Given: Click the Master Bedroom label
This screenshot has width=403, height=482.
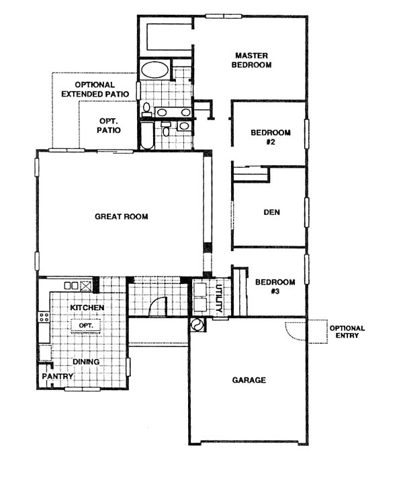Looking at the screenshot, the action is [251, 60].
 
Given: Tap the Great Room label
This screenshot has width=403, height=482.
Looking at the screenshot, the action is [121, 216].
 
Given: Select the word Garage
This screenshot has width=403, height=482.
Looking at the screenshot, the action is [249, 380].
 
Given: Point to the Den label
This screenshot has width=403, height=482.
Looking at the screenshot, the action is [271, 212].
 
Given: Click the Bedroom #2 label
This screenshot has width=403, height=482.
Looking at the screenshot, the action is [271, 137].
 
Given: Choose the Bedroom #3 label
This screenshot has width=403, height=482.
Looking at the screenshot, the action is [275, 287].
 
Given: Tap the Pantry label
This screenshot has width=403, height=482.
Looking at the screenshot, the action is [58, 376].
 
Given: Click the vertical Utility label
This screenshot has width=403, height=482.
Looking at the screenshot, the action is [219, 298].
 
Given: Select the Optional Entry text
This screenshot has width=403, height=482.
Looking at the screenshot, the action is [347, 332].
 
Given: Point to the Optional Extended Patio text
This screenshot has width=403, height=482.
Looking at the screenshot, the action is [95, 89].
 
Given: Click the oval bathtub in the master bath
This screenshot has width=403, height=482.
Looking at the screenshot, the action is [155, 70].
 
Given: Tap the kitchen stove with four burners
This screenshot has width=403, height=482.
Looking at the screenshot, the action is [44, 318].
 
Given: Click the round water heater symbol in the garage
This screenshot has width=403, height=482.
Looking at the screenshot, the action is [197, 324].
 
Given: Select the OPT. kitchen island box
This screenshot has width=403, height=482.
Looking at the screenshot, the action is [86, 326].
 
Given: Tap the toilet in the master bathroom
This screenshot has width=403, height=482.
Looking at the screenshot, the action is [146, 109].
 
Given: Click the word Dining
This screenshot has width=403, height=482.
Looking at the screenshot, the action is [86, 362].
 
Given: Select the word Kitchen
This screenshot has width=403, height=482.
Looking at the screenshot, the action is [87, 307].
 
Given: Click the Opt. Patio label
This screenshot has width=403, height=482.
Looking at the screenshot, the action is [109, 126].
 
